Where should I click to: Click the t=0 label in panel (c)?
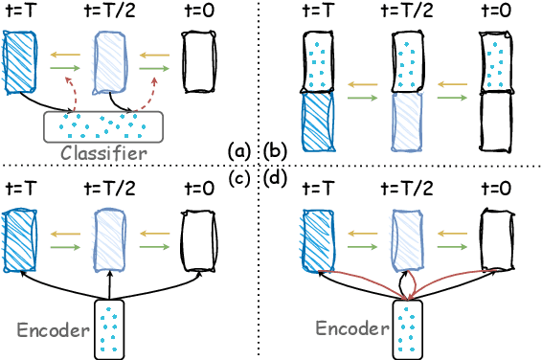200,188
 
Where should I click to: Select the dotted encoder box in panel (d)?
409,328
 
